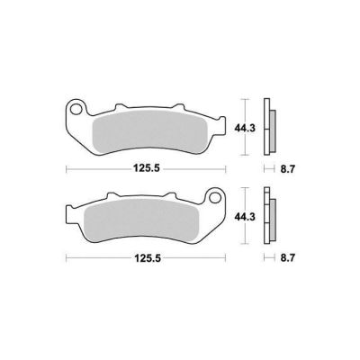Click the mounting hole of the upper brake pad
[76, 110]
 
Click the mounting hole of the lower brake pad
[214, 198]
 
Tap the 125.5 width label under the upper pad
[146, 169]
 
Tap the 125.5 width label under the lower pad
[146, 257]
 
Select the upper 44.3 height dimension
[245, 128]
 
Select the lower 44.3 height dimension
[245, 217]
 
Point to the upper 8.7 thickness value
[288, 169]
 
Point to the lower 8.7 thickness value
[288, 257]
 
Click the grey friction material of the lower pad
[141, 219]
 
